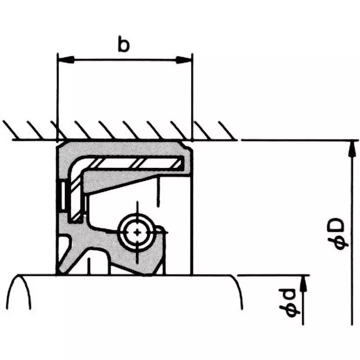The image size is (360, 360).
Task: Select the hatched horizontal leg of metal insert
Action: click(x=135, y=162)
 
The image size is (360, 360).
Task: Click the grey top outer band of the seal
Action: click(x=121, y=148)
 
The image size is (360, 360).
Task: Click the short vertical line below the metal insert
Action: click(x=157, y=191)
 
